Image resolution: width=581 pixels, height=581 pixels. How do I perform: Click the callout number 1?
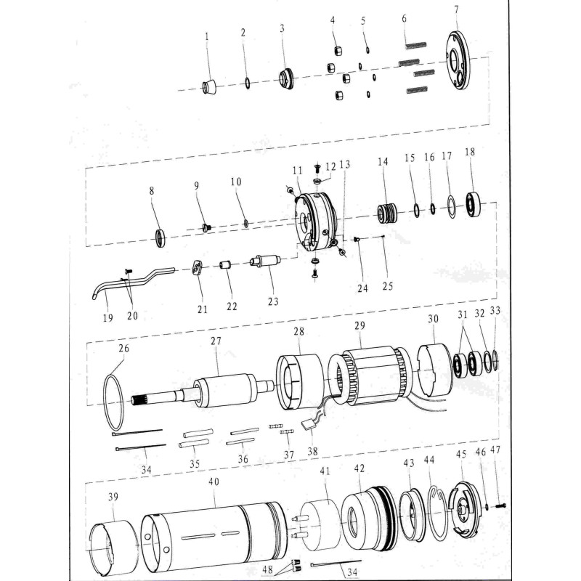click(x=206, y=35)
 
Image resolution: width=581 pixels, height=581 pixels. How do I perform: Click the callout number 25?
click(x=388, y=285)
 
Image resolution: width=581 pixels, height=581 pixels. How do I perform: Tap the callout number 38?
click(x=314, y=451)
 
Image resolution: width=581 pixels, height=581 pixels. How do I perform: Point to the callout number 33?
click(x=495, y=310)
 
